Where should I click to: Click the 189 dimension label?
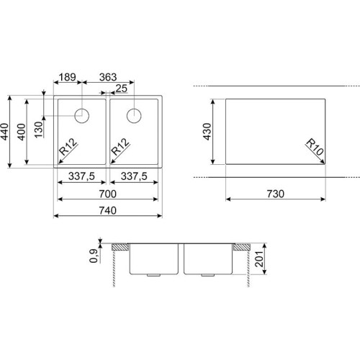pos(68,77)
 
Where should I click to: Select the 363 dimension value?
pos(108,77)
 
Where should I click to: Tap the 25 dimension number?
pos(122,89)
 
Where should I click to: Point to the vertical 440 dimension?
pos(5,132)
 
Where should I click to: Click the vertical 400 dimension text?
pos(22,132)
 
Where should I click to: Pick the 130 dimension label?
pos(39,130)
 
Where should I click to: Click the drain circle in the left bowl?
pos(82,116)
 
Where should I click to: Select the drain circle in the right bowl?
pos(134,116)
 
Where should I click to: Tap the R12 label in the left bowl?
pos(68,147)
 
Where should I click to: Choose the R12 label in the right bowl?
pos(120,147)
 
